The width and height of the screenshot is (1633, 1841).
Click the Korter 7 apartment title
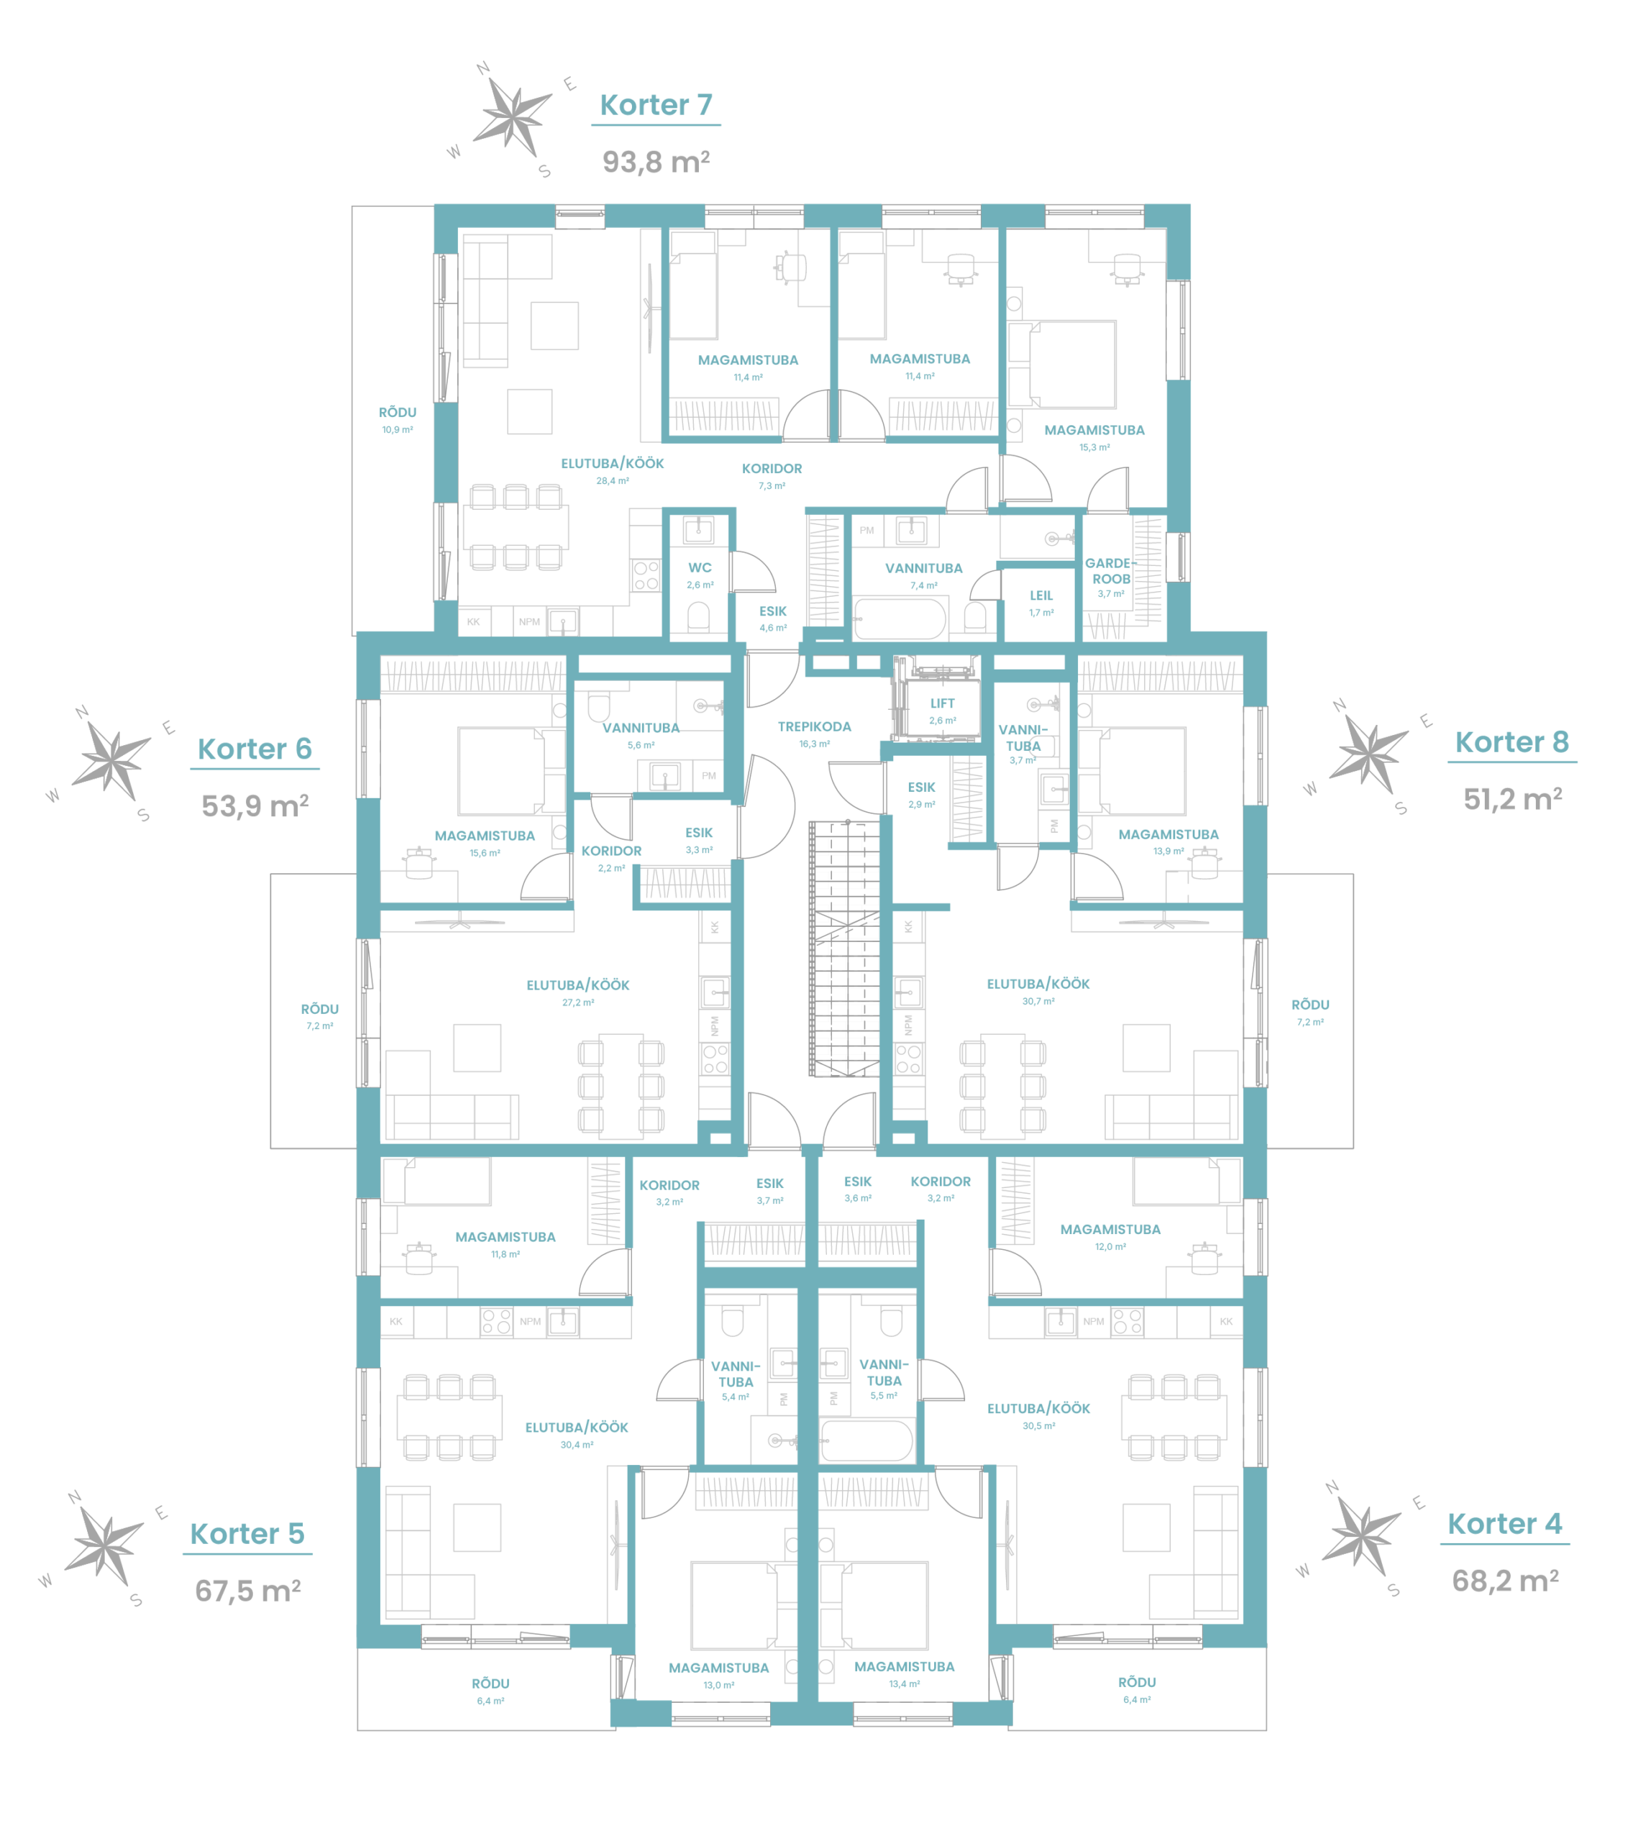(656, 106)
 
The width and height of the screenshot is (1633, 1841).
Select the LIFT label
(942, 703)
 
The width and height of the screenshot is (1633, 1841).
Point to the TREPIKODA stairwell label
(814, 727)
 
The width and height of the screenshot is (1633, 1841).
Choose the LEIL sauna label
(1041, 595)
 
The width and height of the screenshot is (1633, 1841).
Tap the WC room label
(700, 568)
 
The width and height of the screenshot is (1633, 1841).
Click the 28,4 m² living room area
(613, 481)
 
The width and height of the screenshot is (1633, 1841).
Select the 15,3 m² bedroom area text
(1094, 447)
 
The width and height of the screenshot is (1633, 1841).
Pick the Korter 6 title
(255, 749)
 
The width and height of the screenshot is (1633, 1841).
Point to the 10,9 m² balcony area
(397, 429)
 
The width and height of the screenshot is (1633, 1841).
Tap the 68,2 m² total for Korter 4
(1505, 1581)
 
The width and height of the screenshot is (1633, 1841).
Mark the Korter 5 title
(247, 1534)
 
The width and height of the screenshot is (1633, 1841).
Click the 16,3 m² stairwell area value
(814, 744)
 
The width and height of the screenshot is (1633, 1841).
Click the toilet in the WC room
(698, 617)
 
